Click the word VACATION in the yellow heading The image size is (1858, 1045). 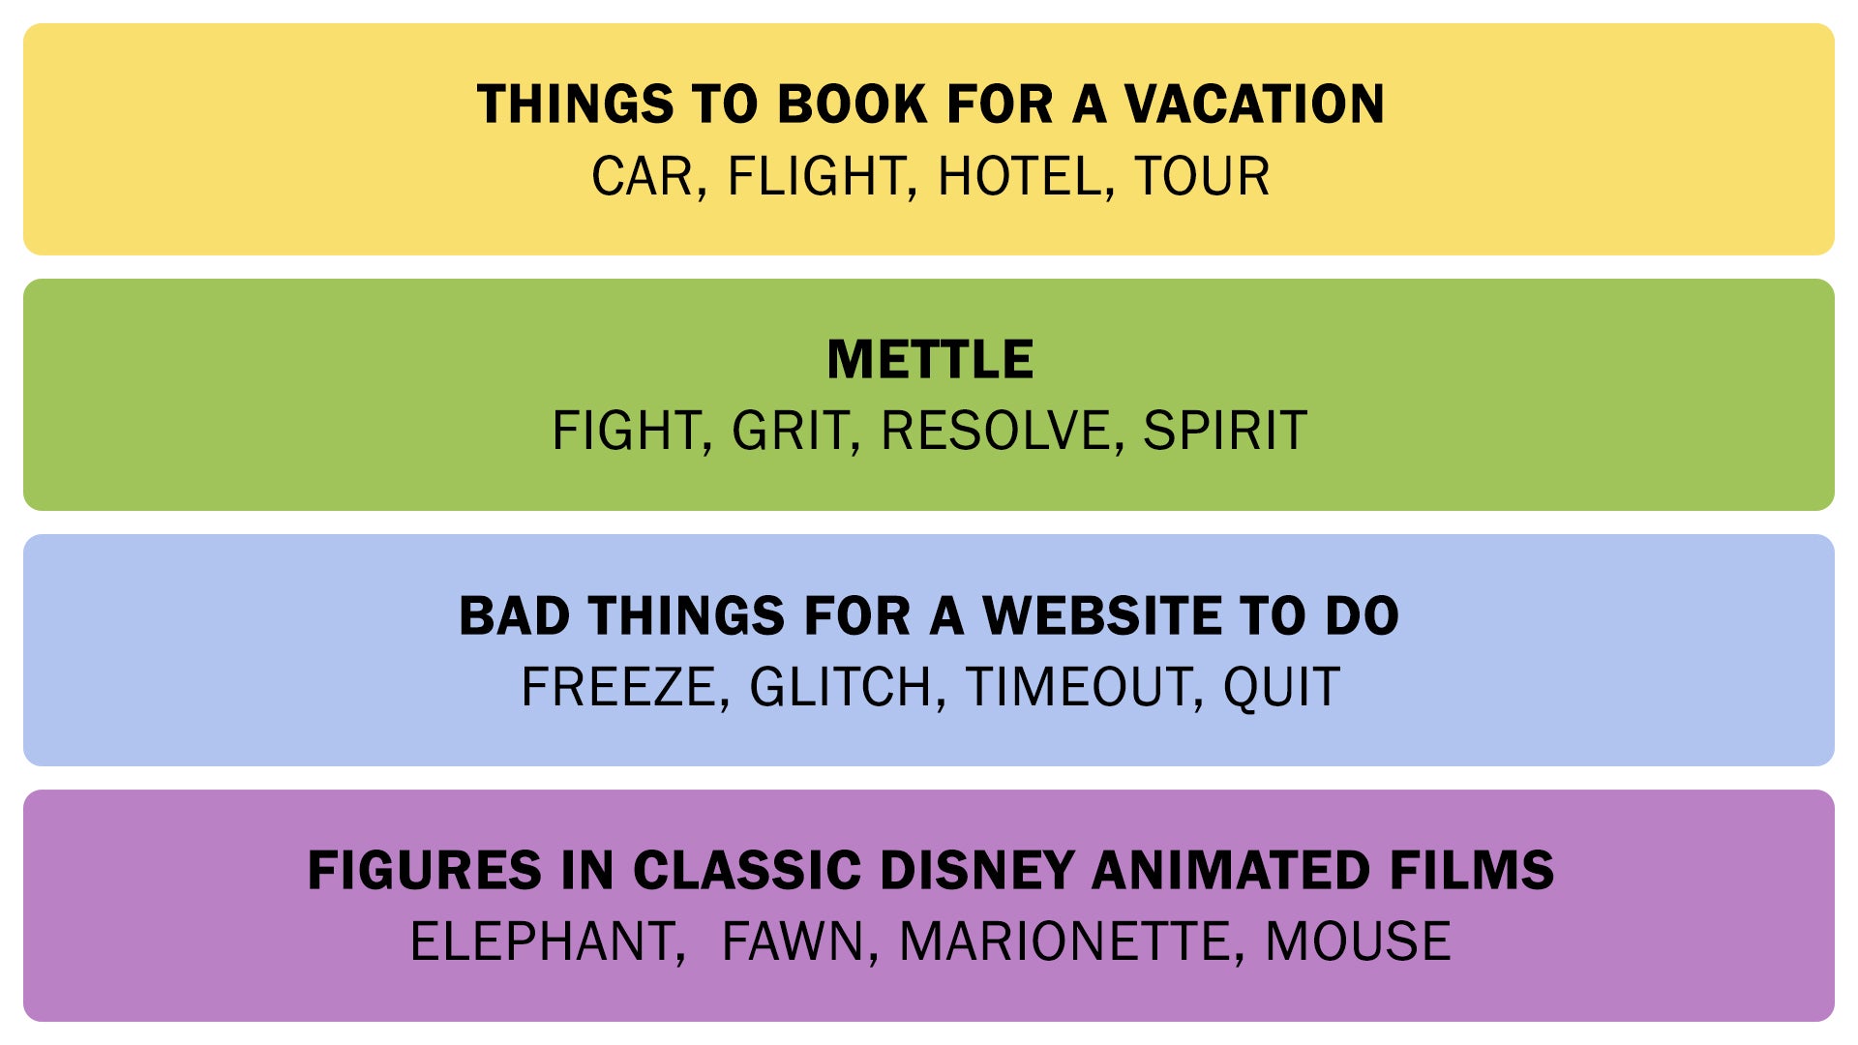coord(1254,104)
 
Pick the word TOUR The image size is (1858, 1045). coord(1202,176)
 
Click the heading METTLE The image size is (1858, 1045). coord(930,360)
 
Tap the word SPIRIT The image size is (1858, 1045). coord(1225,431)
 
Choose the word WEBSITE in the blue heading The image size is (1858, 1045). coord(1100,615)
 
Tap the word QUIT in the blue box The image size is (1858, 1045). coord(1281,687)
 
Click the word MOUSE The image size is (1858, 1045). coord(1358,941)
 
